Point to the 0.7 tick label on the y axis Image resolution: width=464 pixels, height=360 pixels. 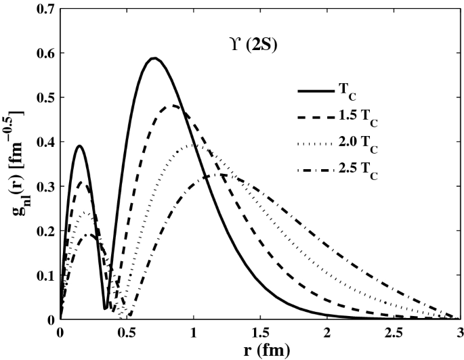[46, 9]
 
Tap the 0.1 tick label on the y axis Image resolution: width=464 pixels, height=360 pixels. [46, 275]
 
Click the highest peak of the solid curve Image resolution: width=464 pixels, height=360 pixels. [154, 58]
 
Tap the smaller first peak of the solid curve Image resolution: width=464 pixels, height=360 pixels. [79, 145]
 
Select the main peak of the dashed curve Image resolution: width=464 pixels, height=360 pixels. [174, 106]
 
